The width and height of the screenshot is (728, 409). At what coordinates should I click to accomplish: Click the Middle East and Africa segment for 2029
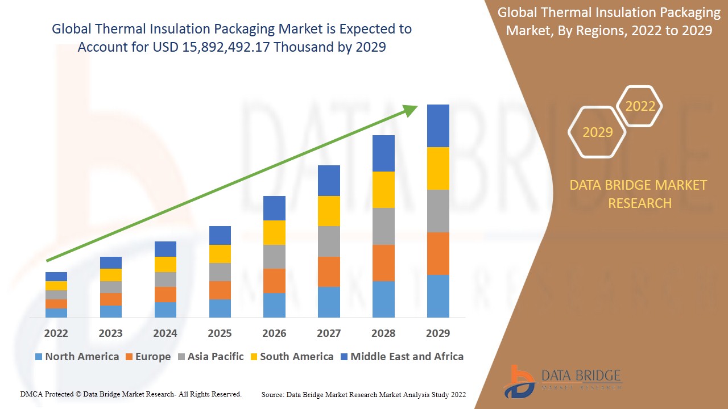438,126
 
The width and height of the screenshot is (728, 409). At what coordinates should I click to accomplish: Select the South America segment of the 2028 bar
383,190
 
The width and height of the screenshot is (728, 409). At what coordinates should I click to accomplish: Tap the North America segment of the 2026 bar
274,305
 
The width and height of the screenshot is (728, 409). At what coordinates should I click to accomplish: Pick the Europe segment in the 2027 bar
329,272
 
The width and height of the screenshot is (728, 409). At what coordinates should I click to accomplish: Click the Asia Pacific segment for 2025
220,272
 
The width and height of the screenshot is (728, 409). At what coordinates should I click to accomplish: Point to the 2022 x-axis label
56,333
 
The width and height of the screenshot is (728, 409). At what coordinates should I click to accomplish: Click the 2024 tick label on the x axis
165,333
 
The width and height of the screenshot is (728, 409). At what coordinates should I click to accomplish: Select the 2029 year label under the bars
438,333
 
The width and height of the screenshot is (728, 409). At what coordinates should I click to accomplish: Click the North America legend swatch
39,357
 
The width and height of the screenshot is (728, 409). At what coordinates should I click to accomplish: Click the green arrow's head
411,109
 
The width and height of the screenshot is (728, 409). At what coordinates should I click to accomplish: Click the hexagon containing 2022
640,106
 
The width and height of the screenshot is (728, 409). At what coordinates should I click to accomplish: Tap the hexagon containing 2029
597,132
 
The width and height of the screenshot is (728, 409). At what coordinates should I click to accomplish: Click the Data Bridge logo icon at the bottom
518,381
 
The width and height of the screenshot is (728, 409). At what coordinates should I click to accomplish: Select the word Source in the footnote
272,394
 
